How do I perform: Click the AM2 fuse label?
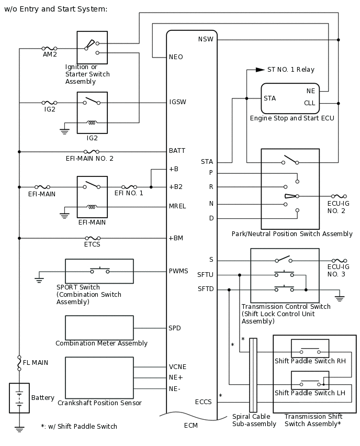click(x=50, y=54)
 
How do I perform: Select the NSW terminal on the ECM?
click(x=206, y=40)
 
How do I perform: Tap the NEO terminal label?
click(x=176, y=57)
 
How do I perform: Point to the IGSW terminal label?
click(x=178, y=102)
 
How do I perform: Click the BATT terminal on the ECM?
click(x=177, y=151)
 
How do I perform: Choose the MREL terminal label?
click(x=177, y=206)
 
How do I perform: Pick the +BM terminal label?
click(x=176, y=238)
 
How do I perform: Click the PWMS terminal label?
click(x=178, y=271)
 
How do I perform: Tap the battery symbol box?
click(x=19, y=398)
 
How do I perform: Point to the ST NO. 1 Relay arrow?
click(x=260, y=70)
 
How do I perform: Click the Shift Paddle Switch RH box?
click(x=310, y=348)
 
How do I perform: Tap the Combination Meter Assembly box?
click(x=99, y=328)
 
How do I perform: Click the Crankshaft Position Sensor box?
click(x=99, y=377)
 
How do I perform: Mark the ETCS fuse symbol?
click(x=93, y=238)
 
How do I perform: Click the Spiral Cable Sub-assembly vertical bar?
click(x=253, y=375)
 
